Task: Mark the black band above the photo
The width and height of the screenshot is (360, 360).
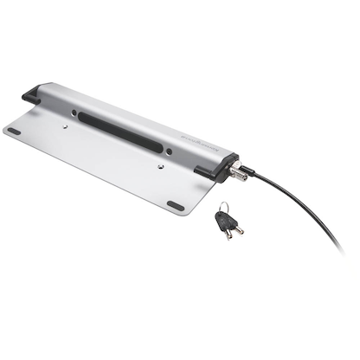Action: tap(180, 39)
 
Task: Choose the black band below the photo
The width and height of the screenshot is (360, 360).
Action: tap(180, 320)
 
